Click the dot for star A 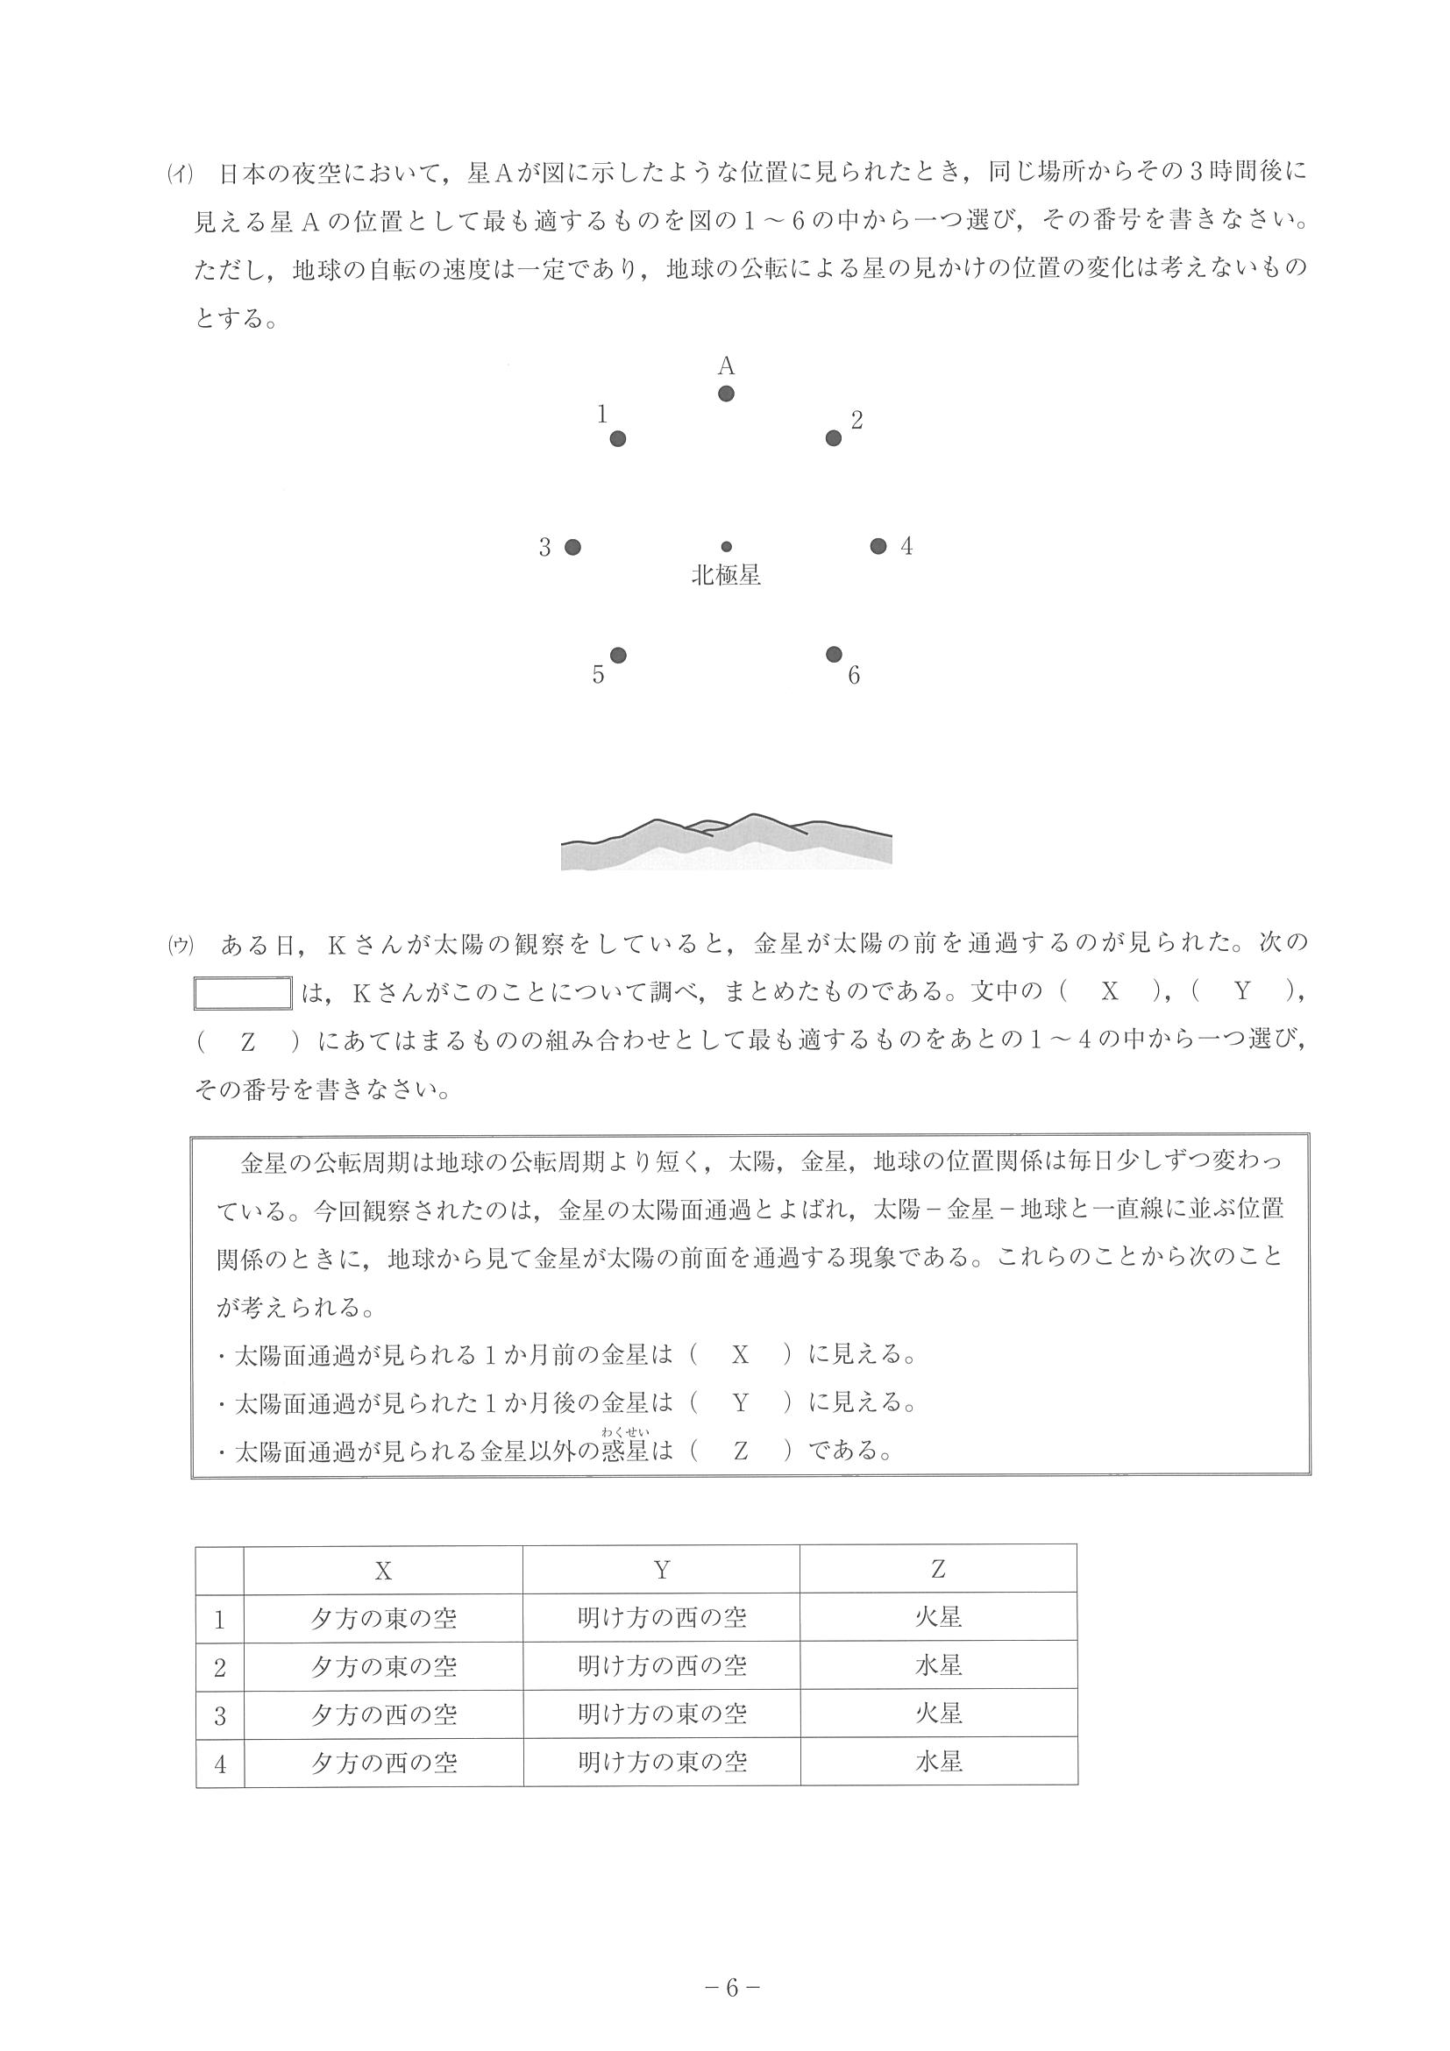click(727, 394)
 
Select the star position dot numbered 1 click(617, 438)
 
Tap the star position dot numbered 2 click(834, 437)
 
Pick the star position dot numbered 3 click(572, 547)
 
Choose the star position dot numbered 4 click(878, 546)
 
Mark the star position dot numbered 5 click(617, 656)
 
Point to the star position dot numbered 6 click(834, 655)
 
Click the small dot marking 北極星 click(727, 547)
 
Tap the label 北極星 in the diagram click(727, 576)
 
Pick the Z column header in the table click(938, 1570)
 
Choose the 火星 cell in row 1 click(938, 1617)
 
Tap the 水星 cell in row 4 click(938, 1762)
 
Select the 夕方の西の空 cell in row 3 click(383, 1714)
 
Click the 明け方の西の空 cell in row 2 click(661, 1665)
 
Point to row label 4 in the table click(220, 1764)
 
